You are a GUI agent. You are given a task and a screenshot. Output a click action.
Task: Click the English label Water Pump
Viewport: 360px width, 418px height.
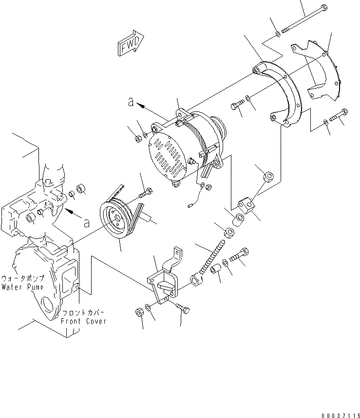(23, 287)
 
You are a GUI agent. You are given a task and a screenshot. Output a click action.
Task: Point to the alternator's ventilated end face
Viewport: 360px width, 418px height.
(168, 155)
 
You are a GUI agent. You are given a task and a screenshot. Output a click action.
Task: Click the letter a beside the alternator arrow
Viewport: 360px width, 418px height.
(131, 102)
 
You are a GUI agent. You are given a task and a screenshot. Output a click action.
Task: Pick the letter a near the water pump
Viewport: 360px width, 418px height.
(86, 223)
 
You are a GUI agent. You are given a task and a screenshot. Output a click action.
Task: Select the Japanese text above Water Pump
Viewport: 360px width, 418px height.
(23, 278)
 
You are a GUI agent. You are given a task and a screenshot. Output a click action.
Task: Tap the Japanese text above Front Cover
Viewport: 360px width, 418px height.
(83, 313)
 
